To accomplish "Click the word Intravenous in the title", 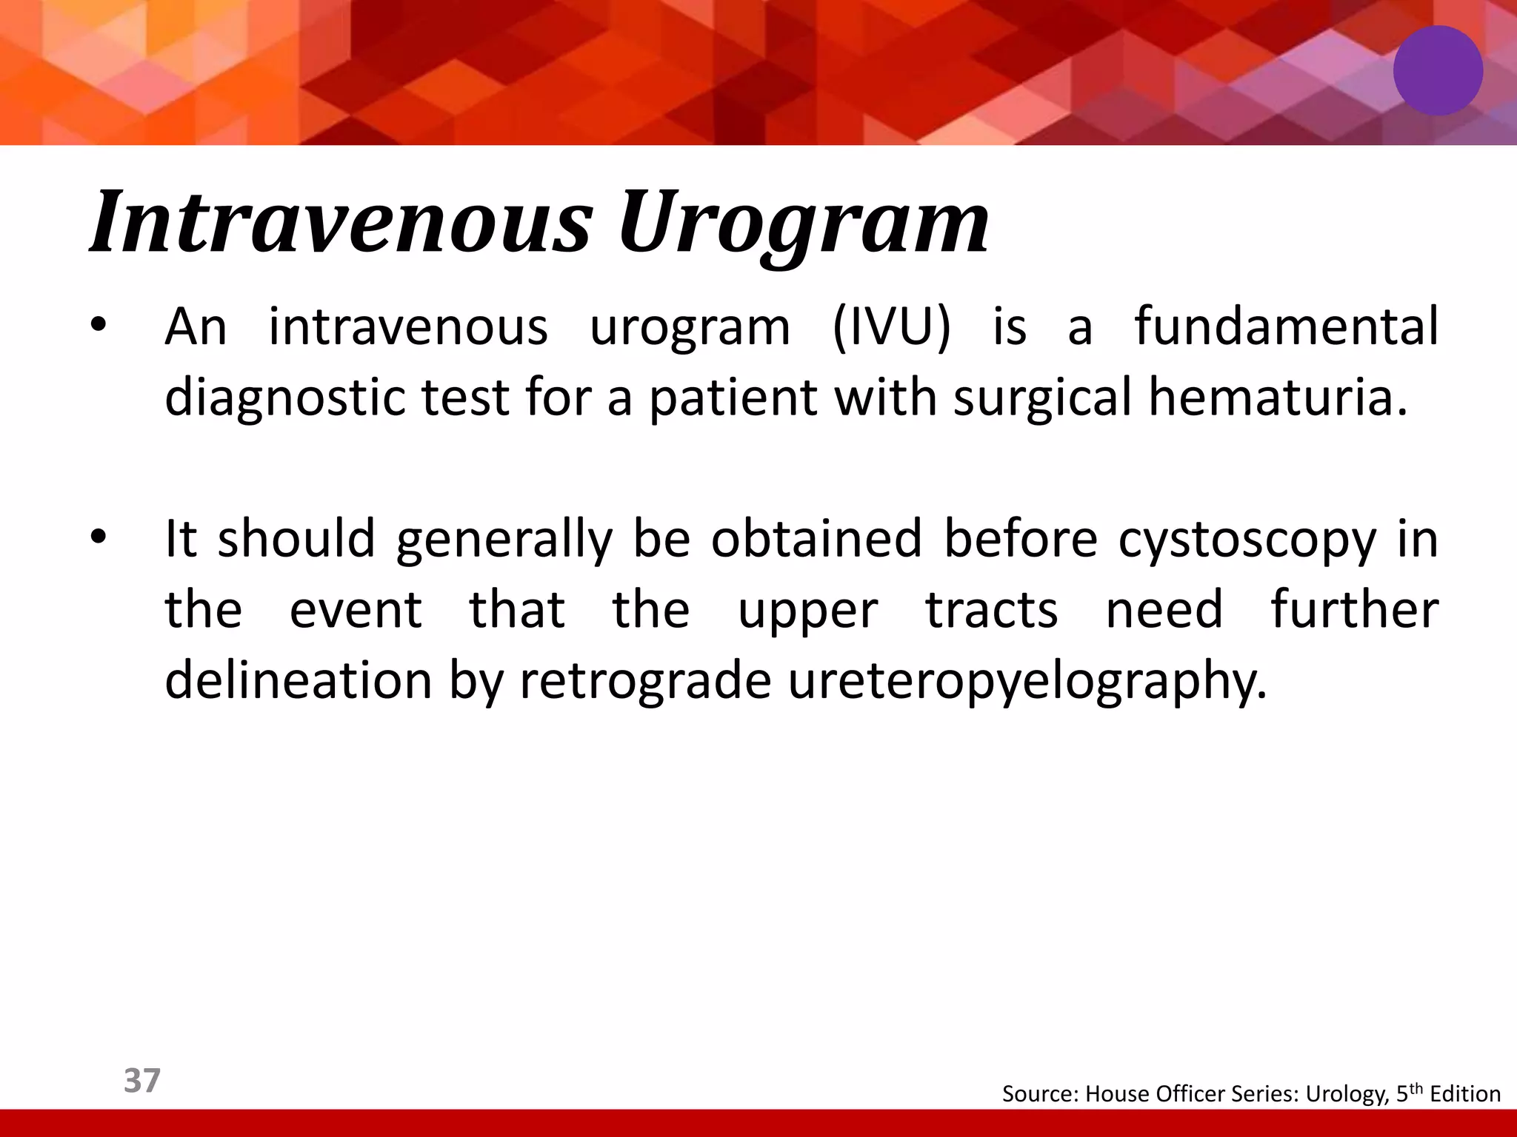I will click(x=341, y=222).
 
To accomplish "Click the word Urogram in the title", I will click(x=804, y=222).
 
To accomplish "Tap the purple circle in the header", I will click(x=1438, y=70).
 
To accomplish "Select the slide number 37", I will click(x=141, y=1080).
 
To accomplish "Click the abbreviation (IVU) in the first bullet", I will click(x=891, y=326).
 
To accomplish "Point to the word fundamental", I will click(x=1286, y=326).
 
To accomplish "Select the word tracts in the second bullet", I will click(x=992, y=610).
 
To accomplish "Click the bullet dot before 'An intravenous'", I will click(x=99, y=327).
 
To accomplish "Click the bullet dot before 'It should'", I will click(x=99, y=539).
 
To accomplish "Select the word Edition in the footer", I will click(x=1465, y=1094).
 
